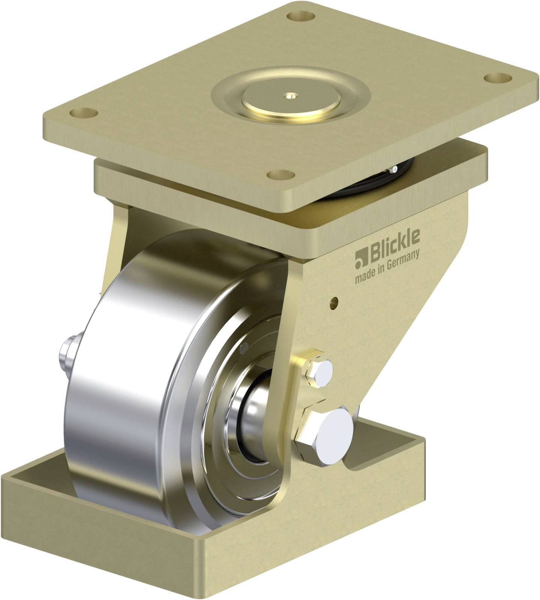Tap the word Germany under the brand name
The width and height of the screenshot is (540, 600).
click(x=402, y=260)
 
